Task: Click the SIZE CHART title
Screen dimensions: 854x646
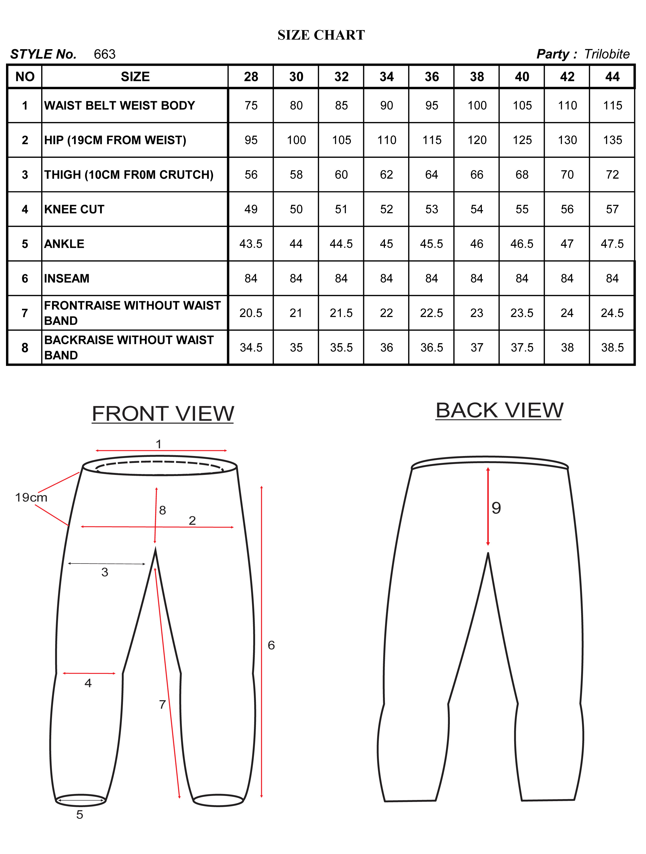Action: point(321,35)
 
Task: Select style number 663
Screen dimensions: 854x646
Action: point(105,54)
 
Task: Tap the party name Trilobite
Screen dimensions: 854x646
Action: point(607,54)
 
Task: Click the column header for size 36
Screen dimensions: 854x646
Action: point(432,77)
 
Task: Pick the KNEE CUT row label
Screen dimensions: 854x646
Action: point(74,209)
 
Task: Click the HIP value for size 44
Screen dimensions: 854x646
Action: point(613,140)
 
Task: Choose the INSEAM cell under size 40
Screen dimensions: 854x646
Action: point(522,278)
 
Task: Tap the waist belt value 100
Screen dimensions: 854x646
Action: point(477,105)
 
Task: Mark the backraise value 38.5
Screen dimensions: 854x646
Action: point(613,347)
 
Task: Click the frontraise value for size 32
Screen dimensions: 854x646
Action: point(341,313)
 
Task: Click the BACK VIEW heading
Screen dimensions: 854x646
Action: point(499,410)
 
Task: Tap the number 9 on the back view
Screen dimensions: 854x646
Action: point(496,508)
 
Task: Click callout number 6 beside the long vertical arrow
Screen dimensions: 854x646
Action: point(271,645)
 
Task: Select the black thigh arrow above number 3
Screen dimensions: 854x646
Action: point(107,564)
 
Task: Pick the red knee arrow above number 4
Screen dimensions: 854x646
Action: point(89,673)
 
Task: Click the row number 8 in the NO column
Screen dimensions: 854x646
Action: point(25,347)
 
